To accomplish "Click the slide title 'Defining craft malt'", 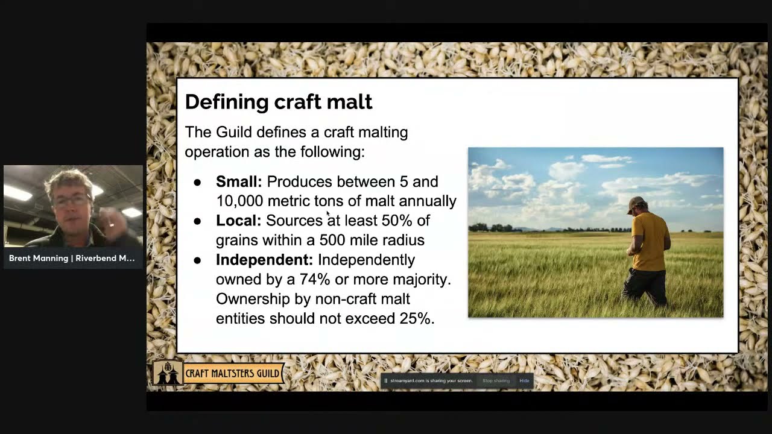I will click(278, 101).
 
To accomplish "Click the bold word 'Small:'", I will click(239, 181).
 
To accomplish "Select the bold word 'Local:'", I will click(238, 221).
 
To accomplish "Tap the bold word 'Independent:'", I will click(264, 260).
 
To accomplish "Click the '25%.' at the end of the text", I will click(417, 318).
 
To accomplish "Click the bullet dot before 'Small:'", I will click(197, 182).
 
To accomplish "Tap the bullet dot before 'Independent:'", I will click(197, 260).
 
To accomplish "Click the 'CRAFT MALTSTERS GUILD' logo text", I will click(232, 373).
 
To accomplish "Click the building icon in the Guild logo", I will click(168, 374).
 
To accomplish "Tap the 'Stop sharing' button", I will click(496, 381).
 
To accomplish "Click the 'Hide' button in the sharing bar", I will click(524, 381).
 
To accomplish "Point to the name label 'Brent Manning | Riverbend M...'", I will click(72, 258).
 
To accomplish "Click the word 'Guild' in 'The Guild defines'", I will click(234, 132).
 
